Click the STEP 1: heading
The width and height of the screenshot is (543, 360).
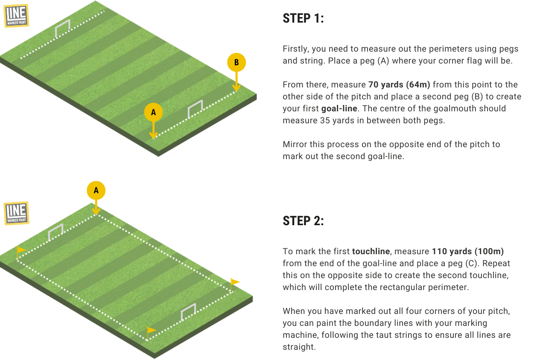pos(303,18)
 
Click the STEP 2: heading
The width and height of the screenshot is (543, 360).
pos(303,221)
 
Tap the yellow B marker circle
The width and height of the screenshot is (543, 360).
pos(236,62)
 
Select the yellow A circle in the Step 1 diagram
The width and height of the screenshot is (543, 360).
pos(153,112)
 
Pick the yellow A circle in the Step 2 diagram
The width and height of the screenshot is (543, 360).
pos(96,190)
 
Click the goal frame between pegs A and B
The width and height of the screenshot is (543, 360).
pos(196,108)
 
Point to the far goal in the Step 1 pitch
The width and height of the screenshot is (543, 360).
pos(63,28)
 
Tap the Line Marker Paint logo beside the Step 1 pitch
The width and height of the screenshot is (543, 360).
pos(16,16)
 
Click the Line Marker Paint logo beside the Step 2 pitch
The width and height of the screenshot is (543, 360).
pos(16,213)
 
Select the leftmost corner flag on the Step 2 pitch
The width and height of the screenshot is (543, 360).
pos(20,253)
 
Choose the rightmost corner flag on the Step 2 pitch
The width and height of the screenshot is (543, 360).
pos(234,285)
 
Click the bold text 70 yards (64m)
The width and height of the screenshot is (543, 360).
pos(399,85)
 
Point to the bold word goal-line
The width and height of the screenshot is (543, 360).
pos(339,108)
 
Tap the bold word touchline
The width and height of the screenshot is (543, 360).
pos(371,251)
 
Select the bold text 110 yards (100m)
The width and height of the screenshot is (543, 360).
pos(468,252)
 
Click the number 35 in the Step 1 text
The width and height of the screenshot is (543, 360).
pos(325,120)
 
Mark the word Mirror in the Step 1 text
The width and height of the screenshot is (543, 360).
pos(295,145)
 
